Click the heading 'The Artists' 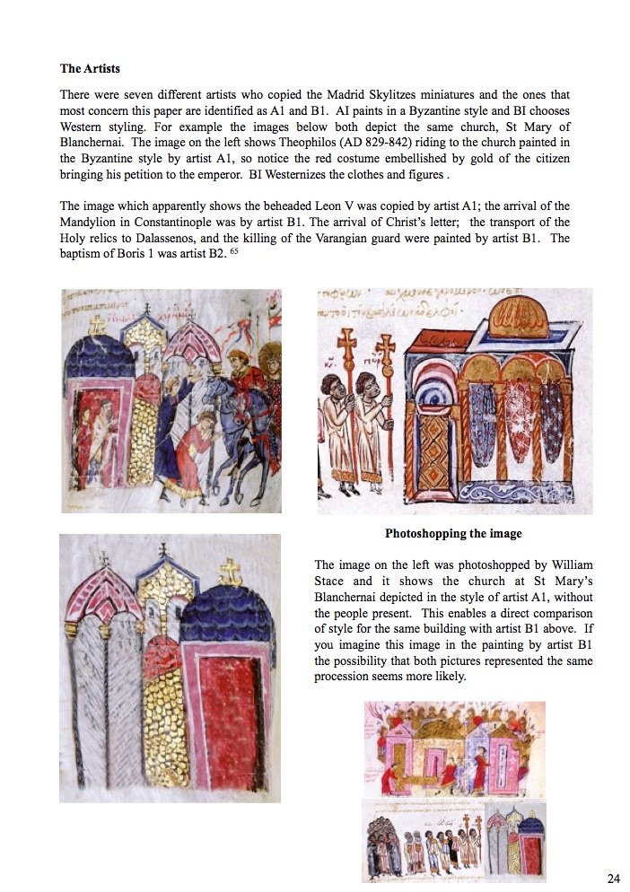point(90,68)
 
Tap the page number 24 point(614,878)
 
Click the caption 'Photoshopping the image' point(453,534)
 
